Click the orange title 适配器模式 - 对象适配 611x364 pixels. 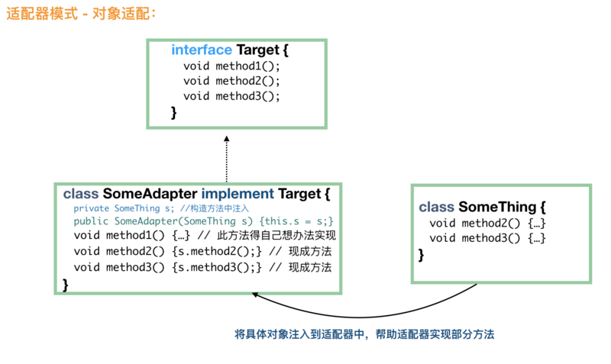click(x=80, y=14)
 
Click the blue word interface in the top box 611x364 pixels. click(x=201, y=50)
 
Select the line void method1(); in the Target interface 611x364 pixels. click(x=232, y=66)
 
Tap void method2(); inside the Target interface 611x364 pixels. click(x=232, y=81)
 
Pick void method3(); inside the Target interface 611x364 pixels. click(x=232, y=96)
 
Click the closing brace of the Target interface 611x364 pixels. click(x=174, y=112)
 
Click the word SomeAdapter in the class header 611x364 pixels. click(x=150, y=194)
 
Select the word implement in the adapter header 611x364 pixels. click(x=238, y=194)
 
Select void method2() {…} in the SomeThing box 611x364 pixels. click(x=487, y=223)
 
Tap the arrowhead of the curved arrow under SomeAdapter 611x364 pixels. click(x=256, y=295)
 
